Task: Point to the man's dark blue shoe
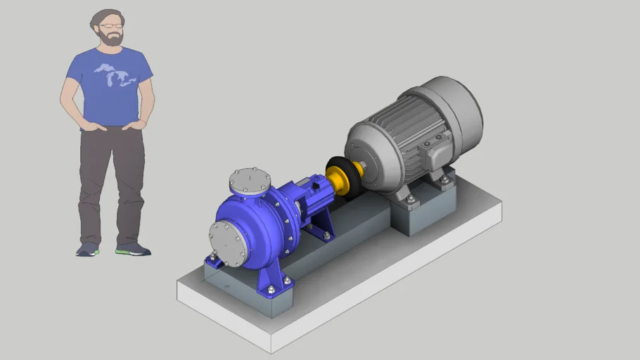88,249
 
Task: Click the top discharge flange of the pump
250,181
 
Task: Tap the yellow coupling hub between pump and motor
340,180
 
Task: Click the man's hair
102,17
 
